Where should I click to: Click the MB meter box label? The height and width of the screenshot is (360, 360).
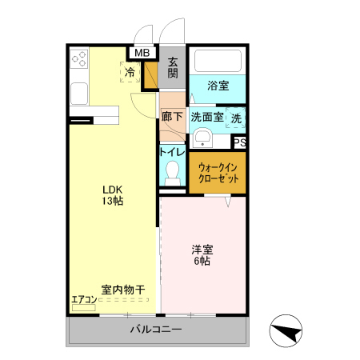pyautogui.click(x=142, y=54)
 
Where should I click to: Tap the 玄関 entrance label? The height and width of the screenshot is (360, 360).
pyautogui.click(x=174, y=68)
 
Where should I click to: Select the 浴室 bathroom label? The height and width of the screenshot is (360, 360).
pyautogui.click(x=218, y=85)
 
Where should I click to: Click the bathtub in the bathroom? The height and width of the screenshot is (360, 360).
pyautogui.click(x=218, y=62)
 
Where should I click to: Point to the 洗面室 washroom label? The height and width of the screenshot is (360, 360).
pyautogui.click(x=206, y=117)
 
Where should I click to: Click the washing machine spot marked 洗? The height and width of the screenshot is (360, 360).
pyautogui.click(x=236, y=118)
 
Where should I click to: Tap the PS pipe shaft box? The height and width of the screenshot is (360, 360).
pyautogui.click(x=238, y=142)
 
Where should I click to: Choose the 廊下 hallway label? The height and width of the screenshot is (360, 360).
pyautogui.click(x=172, y=117)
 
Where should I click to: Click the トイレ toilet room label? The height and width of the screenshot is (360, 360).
pyautogui.click(x=172, y=152)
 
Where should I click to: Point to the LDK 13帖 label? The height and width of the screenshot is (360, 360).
pyautogui.click(x=112, y=195)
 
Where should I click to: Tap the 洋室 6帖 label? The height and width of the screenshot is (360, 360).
pyautogui.click(x=201, y=254)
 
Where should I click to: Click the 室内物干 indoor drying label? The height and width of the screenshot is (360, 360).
pyautogui.click(x=122, y=290)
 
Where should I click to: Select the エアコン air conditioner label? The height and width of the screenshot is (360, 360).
pyautogui.click(x=84, y=300)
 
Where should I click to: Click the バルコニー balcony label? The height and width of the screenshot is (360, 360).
pyautogui.click(x=156, y=330)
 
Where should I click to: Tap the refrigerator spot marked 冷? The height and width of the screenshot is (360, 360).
pyautogui.click(x=130, y=72)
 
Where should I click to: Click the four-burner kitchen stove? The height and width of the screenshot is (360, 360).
pyautogui.click(x=79, y=58)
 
